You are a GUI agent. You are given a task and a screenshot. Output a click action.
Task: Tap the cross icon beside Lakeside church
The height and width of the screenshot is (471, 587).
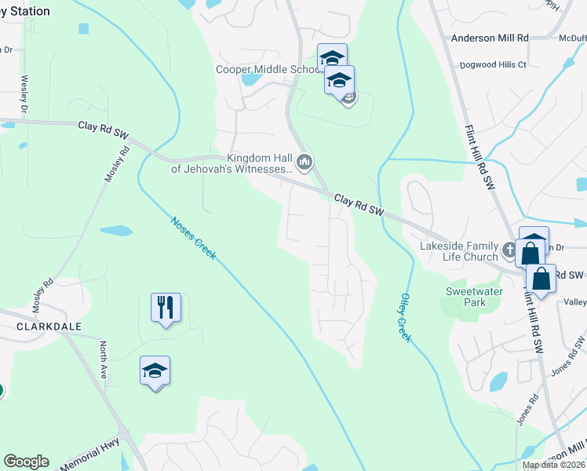tap(509, 252)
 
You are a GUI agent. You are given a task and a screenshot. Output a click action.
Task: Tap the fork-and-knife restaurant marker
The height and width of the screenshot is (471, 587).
tap(166, 306)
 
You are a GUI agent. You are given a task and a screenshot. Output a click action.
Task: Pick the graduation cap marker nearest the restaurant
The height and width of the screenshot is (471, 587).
tap(155, 371)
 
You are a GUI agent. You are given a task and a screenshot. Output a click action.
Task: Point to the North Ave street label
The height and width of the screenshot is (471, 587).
tap(103, 360)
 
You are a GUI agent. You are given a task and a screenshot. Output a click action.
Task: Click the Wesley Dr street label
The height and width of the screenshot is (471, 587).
tap(25, 93)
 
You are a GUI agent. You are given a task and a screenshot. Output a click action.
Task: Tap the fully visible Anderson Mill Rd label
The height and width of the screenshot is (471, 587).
tap(490, 38)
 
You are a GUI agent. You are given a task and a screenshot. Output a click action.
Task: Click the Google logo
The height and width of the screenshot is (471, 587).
tap(26, 462)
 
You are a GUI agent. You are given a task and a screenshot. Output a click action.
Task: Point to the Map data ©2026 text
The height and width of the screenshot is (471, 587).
tap(554, 465)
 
